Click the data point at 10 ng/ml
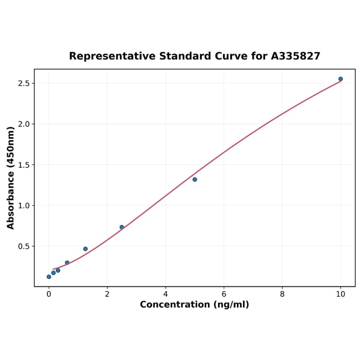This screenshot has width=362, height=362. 340,79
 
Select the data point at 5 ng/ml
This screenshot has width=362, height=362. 195,180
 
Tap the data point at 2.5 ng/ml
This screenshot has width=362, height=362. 122,227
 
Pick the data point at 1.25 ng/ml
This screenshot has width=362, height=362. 85,249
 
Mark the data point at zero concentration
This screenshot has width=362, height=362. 49,277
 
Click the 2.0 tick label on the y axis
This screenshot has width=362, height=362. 24,124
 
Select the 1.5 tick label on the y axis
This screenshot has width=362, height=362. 24,165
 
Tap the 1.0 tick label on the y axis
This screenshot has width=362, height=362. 24,206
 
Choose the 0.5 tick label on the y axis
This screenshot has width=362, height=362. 24,246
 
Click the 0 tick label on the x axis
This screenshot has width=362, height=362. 49,294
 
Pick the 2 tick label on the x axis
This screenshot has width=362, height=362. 107,294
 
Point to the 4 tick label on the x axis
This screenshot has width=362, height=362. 165,294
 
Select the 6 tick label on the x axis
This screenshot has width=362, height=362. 224,294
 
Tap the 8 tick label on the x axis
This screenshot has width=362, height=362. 282,294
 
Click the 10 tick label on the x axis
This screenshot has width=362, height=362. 340,294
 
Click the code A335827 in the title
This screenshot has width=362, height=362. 296,56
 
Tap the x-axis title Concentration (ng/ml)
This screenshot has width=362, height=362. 194,305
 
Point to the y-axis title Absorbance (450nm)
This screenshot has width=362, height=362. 11,178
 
